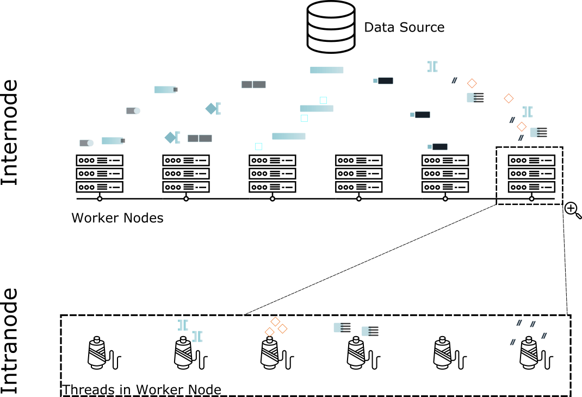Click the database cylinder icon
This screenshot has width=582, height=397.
click(331, 27)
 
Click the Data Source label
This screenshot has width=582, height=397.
click(404, 27)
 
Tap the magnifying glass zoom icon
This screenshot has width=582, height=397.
click(573, 210)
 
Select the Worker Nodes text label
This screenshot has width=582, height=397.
click(117, 218)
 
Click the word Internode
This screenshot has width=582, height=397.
click(10, 133)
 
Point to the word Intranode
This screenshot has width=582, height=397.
click(10, 340)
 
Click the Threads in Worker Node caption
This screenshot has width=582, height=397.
click(141, 389)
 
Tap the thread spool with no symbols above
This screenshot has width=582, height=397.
click(449, 353)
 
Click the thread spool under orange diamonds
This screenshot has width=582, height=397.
click(276, 353)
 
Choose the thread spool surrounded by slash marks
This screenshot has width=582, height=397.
click(536, 353)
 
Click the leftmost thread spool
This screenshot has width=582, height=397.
click(104, 353)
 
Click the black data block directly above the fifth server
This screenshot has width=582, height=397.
click(440, 146)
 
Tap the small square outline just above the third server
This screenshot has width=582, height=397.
click(259, 146)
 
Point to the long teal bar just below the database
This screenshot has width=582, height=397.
click(327, 70)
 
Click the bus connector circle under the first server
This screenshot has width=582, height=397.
click(100, 199)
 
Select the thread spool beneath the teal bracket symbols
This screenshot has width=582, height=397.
click(190, 353)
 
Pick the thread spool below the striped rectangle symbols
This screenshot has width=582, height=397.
click(363, 353)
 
